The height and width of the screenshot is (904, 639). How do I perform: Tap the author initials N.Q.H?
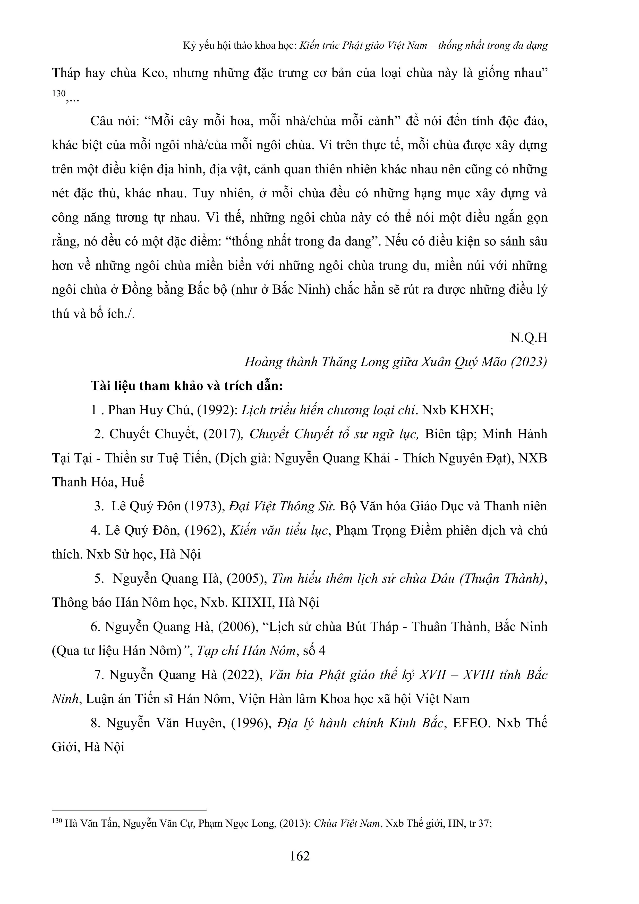pyautogui.click(x=529, y=338)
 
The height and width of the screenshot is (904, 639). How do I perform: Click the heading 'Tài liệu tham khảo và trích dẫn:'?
pyautogui.click(x=187, y=386)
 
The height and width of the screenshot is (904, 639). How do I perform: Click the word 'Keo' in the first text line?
pyautogui.click(x=152, y=73)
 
